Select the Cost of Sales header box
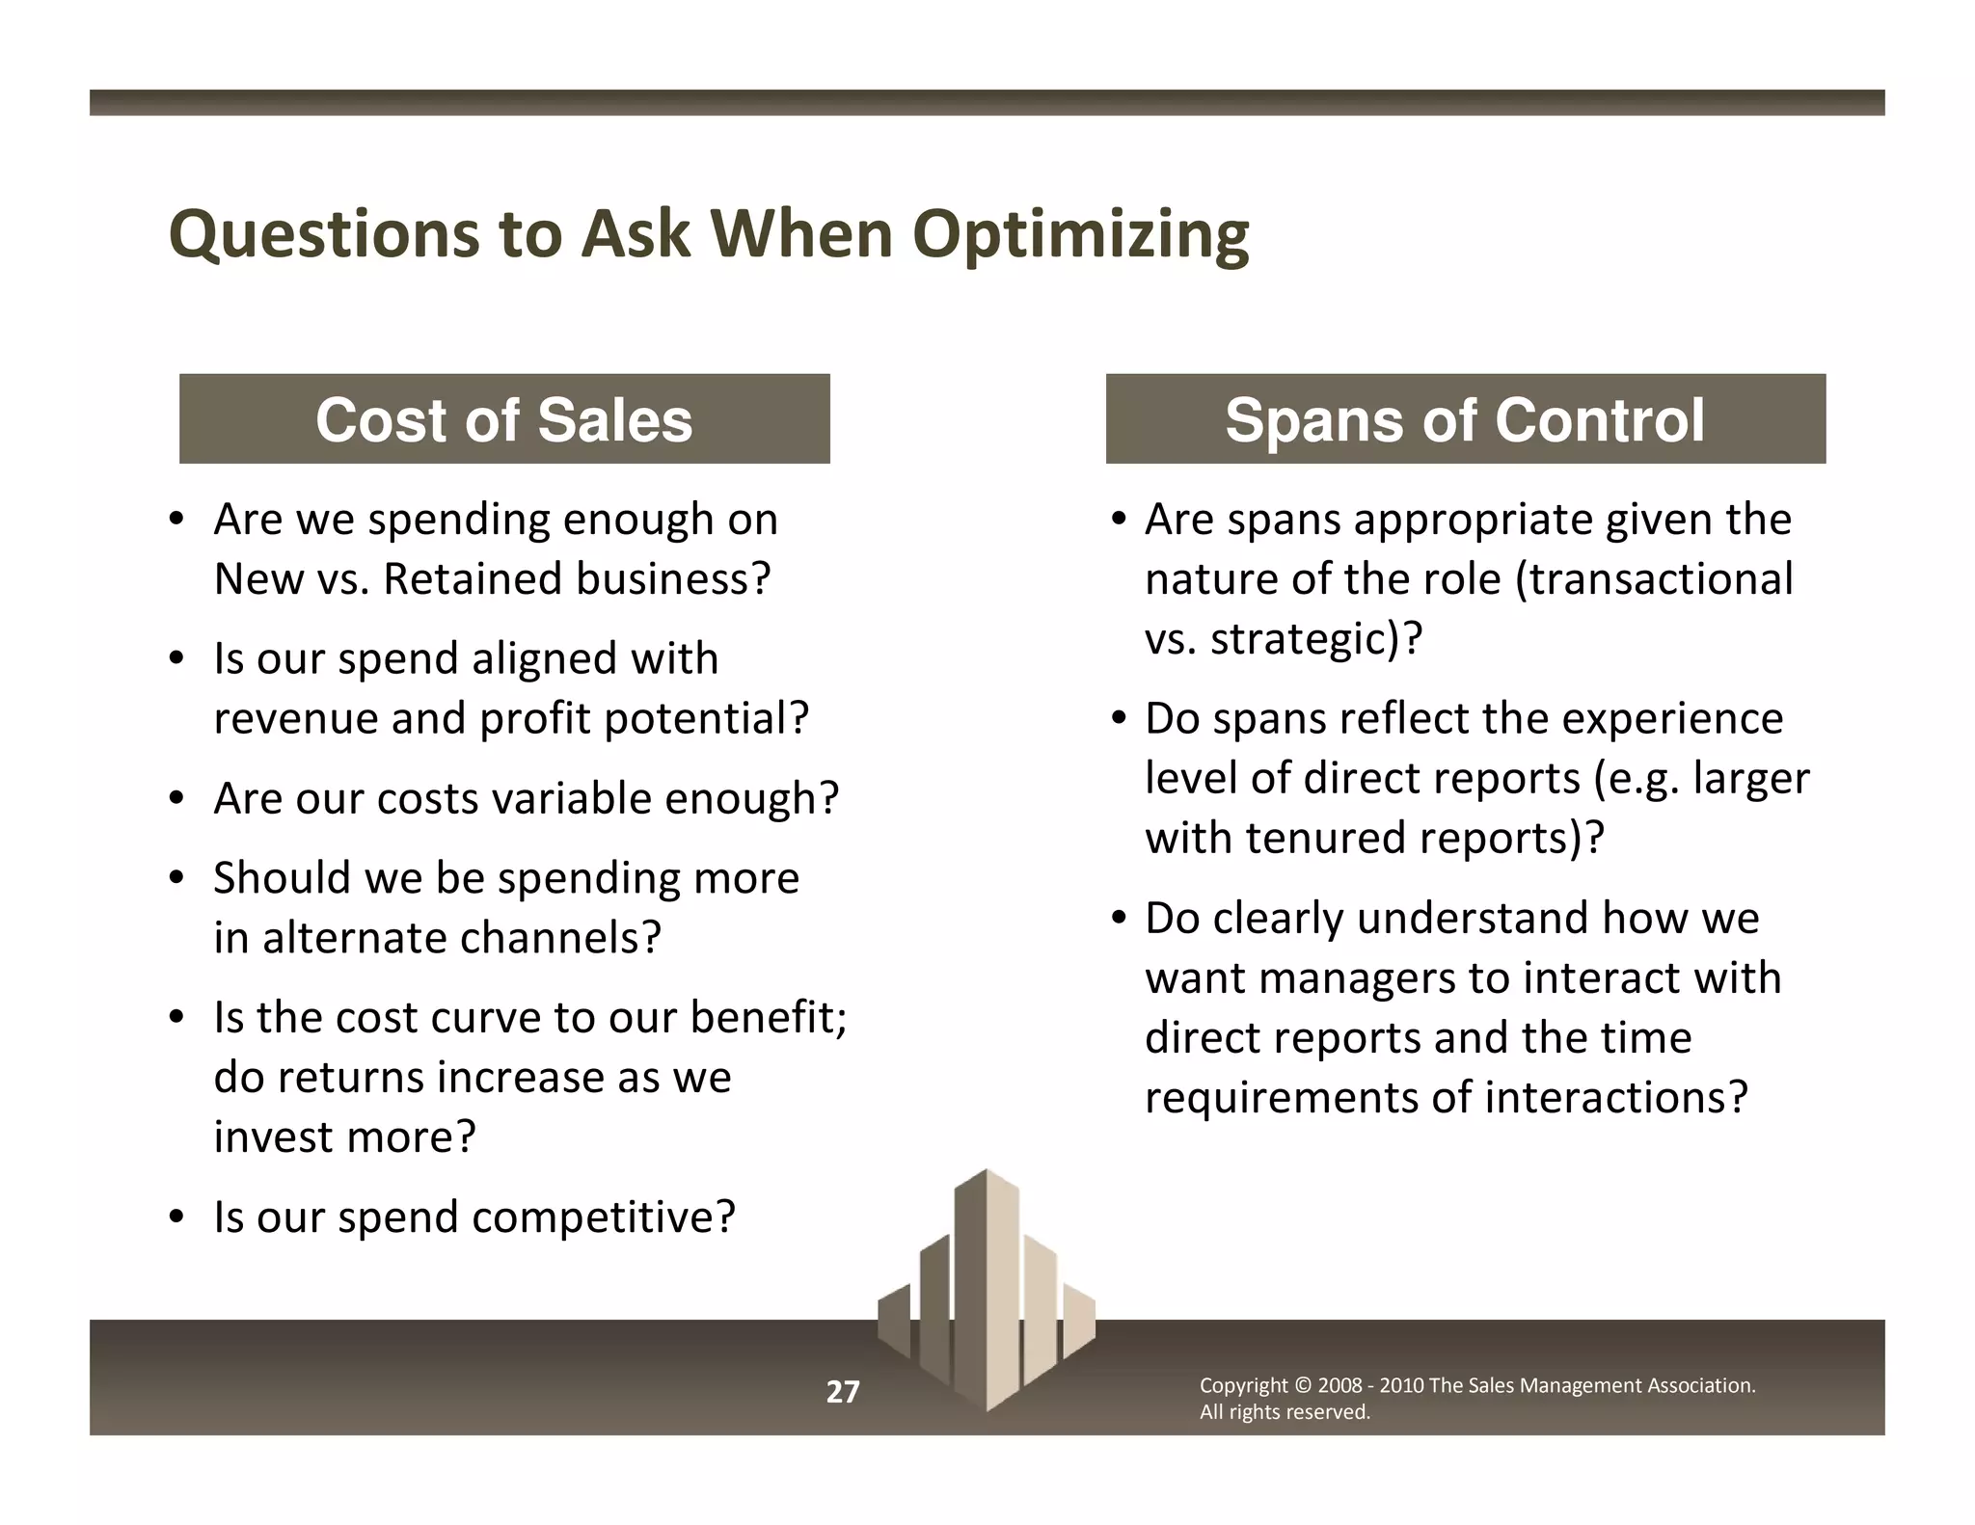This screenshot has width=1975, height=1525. [504, 419]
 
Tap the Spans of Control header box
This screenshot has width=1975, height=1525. [1465, 419]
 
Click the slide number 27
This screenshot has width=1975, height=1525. [842, 1392]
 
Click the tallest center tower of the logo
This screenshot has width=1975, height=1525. [987, 1282]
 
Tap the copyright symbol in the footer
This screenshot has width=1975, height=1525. [1302, 1386]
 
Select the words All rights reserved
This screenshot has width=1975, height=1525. [1284, 1412]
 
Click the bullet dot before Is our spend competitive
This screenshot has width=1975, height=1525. [176, 1217]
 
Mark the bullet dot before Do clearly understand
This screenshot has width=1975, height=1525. [1119, 918]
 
